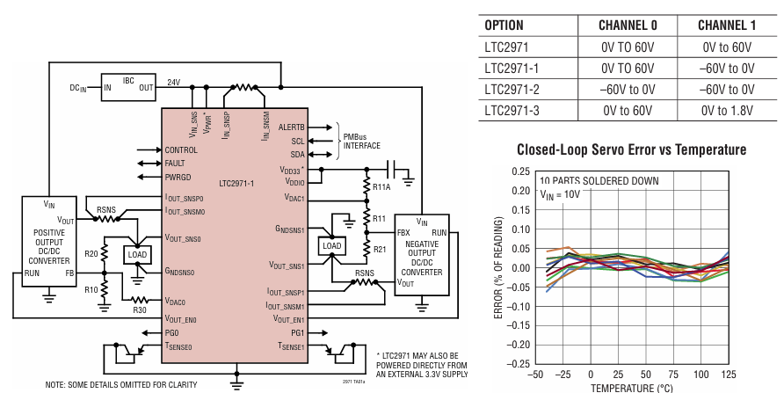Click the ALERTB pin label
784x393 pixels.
point(291,127)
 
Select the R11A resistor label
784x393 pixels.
point(381,188)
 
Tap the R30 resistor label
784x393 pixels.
point(140,309)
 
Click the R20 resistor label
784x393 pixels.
point(91,254)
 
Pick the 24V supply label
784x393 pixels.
point(174,82)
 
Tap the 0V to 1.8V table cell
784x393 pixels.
point(727,111)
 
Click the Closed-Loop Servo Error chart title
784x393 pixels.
point(632,149)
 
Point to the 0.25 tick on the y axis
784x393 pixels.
point(520,171)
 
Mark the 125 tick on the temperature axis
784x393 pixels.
point(729,375)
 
